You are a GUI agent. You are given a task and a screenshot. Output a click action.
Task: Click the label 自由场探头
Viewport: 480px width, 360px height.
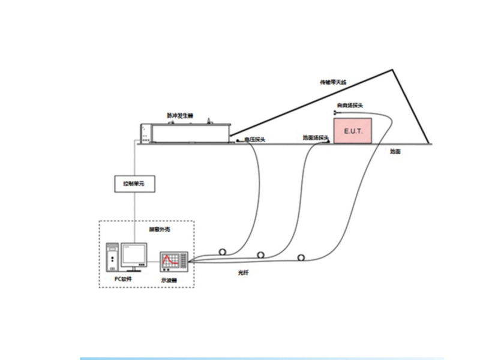[349, 106]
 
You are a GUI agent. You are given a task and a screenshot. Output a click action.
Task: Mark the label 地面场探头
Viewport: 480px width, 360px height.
[315, 137]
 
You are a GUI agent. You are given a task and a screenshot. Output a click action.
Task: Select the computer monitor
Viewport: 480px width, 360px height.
[133, 254]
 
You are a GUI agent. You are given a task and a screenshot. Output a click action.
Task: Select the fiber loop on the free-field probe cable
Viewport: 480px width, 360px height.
[301, 257]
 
